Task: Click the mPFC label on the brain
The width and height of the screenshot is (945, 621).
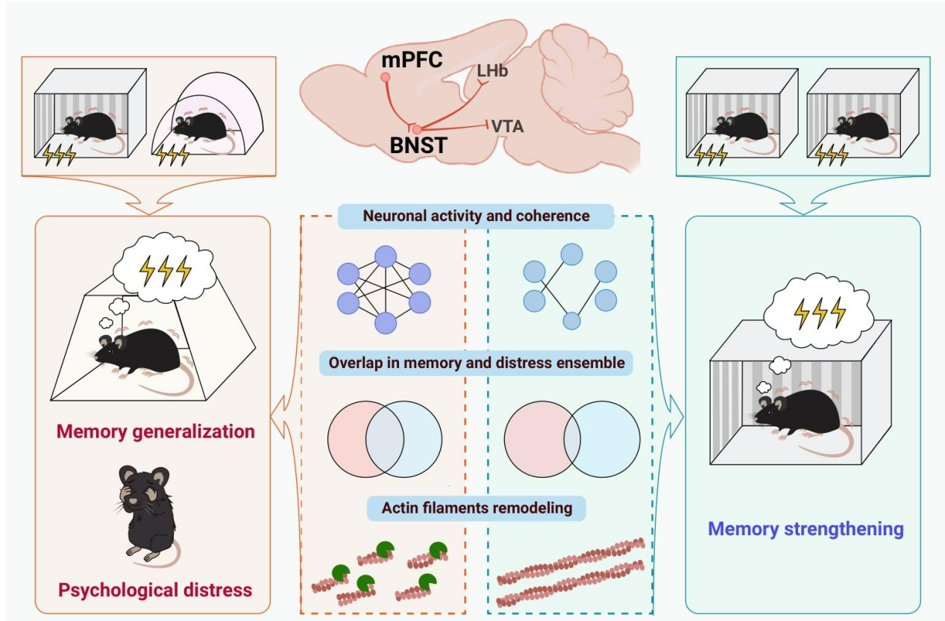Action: (411, 58)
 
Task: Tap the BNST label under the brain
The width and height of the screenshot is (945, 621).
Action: (418, 146)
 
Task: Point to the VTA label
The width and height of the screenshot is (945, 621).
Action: (507, 126)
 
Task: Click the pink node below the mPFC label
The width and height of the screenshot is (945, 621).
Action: (386, 77)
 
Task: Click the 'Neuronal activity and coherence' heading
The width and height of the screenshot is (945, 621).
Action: (476, 216)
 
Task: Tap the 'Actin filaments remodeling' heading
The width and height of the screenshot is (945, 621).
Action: (477, 508)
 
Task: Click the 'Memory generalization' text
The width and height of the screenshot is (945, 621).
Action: (156, 431)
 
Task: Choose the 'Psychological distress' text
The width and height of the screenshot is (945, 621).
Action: (155, 590)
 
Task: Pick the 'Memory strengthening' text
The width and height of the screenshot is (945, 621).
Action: (806, 529)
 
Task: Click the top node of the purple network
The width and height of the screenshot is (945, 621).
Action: (385, 257)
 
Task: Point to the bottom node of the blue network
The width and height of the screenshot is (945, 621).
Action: (571, 321)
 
